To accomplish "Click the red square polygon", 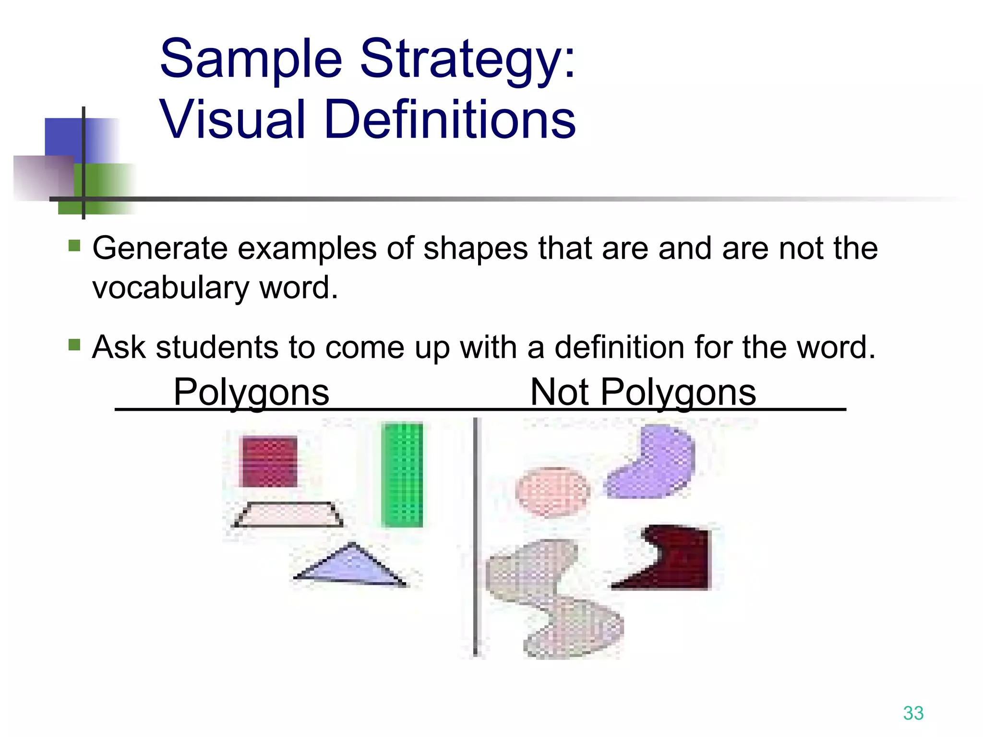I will click(268, 462).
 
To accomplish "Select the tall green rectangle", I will click(402, 475).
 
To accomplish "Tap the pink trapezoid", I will click(288, 515).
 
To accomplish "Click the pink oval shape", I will click(552, 492).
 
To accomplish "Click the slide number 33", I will click(913, 713).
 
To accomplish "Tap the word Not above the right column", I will click(559, 392).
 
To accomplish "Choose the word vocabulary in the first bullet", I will click(170, 288).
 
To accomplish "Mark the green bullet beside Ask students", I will click(74, 345).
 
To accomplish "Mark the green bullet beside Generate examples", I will click(74, 246).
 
